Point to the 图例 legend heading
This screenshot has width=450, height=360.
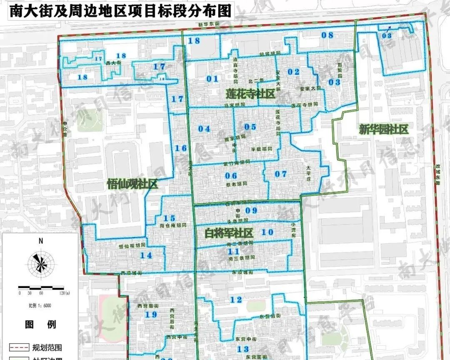(40, 324)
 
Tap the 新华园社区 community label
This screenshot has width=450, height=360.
(383, 130)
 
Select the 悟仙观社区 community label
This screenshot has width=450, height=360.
(132, 183)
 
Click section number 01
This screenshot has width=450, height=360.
(212, 78)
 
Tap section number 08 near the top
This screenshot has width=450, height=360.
(327, 35)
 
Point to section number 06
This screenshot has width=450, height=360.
(231, 175)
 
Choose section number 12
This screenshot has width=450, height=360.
(236, 300)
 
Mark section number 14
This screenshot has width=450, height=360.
(146, 255)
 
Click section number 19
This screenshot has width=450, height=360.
(151, 315)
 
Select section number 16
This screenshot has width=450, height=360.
(180, 148)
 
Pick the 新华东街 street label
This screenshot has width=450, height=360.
(208, 25)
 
